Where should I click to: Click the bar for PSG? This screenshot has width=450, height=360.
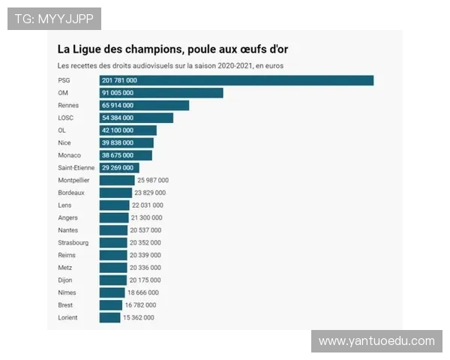tap(236, 80)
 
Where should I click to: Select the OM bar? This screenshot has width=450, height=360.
tap(161, 93)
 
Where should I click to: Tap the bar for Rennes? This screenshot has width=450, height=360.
tap(144, 105)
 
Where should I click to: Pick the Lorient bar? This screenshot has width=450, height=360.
tap(109, 317)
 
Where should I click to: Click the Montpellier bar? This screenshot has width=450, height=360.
tap(117, 180)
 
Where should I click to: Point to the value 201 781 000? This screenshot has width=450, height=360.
tap(119, 80)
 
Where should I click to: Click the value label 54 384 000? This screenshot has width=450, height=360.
tap(118, 118)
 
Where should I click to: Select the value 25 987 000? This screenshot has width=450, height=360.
tap(153, 180)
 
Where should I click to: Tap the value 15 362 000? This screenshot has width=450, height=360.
tap(139, 317)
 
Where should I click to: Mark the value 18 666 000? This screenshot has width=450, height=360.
tap(144, 292)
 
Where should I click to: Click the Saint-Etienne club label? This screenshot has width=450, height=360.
tap(76, 167)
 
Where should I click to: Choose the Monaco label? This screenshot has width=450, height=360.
tap(69, 155)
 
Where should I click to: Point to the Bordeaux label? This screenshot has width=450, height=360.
tap(71, 193)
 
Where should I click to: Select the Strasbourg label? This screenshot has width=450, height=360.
tap(73, 242)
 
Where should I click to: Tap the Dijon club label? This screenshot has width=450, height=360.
tap(65, 280)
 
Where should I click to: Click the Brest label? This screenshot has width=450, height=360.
tap(65, 305)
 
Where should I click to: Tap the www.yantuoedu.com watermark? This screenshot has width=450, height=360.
tap(376, 341)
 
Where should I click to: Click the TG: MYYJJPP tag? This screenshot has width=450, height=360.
tap(54, 19)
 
